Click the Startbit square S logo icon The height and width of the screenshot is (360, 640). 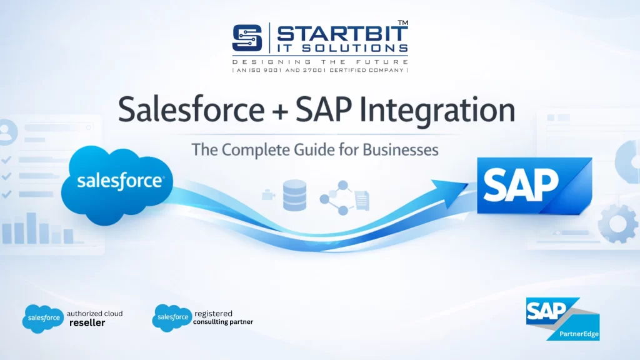click(x=249, y=38)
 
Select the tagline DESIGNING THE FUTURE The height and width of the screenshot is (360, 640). click(x=320, y=62)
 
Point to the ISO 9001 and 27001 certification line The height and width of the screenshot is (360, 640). click(x=320, y=70)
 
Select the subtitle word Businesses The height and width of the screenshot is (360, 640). click(x=401, y=150)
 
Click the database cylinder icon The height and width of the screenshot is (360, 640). click(x=294, y=195)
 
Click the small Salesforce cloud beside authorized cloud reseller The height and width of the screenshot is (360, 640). click(x=43, y=318)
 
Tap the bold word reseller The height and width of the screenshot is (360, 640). click(x=87, y=323)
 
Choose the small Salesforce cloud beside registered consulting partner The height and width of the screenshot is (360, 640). click(x=171, y=317)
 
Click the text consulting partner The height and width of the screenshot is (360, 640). click(x=223, y=322)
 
